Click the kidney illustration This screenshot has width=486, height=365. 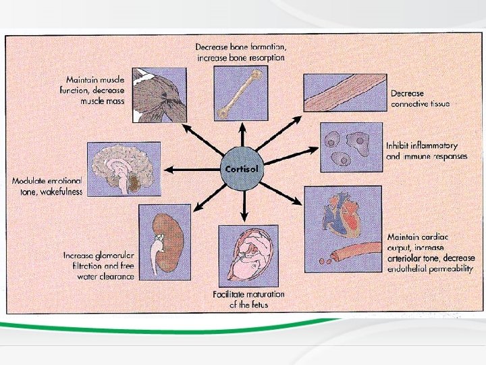[165, 239]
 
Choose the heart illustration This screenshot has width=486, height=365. [342, 214]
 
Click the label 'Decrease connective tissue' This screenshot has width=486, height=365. [420, 99]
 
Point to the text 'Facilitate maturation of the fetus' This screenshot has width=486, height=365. [248, 299]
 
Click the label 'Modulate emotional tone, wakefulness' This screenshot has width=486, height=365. [47, 187]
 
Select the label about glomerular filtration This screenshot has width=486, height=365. [99, 266]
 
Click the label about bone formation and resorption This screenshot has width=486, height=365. [240, 53]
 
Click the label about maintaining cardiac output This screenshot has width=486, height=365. [430, 252]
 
